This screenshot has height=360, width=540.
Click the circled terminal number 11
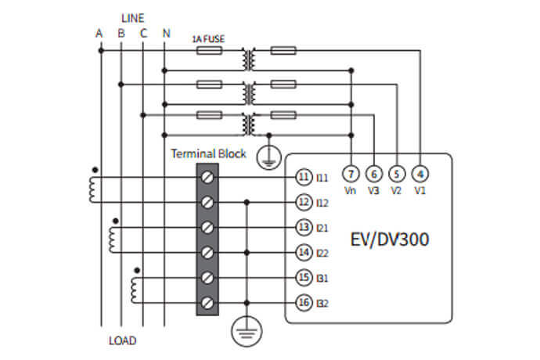pos(304,178)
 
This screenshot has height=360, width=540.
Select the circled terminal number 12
pos(304,203)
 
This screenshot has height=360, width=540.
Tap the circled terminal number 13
pos(304,227)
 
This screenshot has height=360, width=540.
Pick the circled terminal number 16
pos(304,302)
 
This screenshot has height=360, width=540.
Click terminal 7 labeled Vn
pos(351,173)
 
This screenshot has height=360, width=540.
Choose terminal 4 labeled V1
pos(420,173)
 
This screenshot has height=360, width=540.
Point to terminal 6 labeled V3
pos(375,173)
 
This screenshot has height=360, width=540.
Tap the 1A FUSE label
pos(208,38)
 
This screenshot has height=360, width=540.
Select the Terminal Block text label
pos(208,154)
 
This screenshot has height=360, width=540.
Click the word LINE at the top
pos(132,16)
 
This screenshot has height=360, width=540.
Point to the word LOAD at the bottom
pos(122,340)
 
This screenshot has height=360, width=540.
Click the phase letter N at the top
pos(165,33)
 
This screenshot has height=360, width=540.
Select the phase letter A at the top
pos(99,33)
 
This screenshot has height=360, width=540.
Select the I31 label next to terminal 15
pos(322,278)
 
